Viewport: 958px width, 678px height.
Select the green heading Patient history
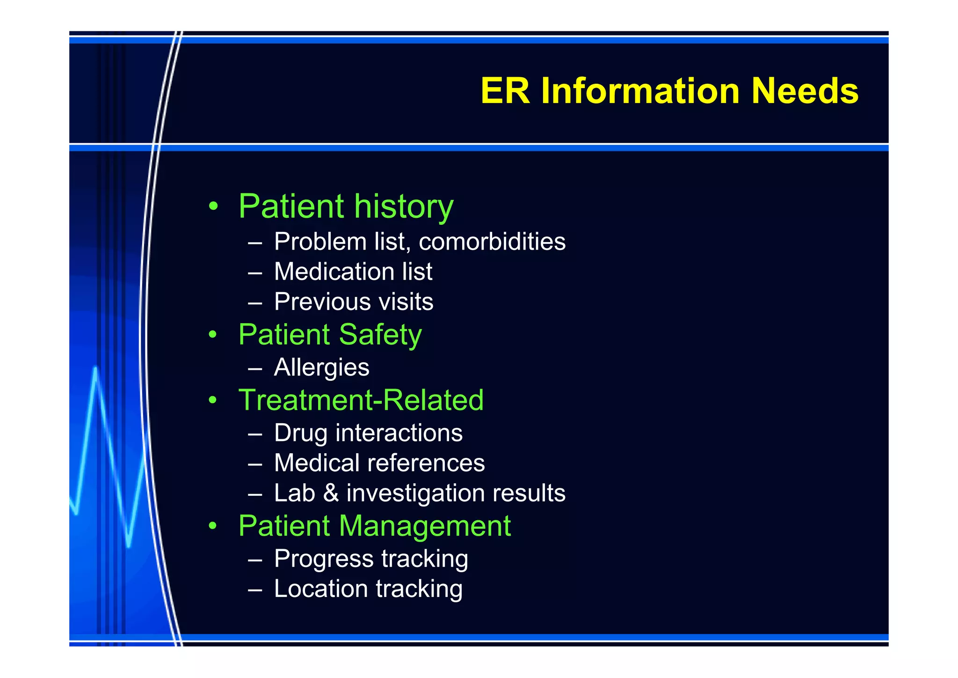pyautogui.click(x=346, y=206)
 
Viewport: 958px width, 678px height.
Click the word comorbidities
pyautogui.click(x=492, y=242)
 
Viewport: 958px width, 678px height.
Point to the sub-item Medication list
pyautogui.click(x=353, y=272)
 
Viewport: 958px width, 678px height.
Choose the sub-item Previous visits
pyautogui.click(x=354, y=302)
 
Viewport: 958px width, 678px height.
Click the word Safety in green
pyautogui.click(x=380, y=335)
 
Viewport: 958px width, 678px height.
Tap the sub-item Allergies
pyautogui.click(x=322, y=368)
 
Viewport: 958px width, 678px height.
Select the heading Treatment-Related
pyautogui.click(x=361, y=400)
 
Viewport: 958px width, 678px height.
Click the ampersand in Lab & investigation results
pyautogui.click(x=331, y=493)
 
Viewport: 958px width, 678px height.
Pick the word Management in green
pyautogui.click(x=424, y=526)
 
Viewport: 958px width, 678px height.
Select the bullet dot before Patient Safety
pyautogui.click(x=213, y=335)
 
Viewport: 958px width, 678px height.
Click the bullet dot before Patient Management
pyautogui.click(x=213, y=526)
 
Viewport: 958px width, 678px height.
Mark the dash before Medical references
pyautogui.click(x=255, y=464)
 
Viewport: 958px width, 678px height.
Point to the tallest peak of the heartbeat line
pyautogui.click(x=96, y=370)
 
